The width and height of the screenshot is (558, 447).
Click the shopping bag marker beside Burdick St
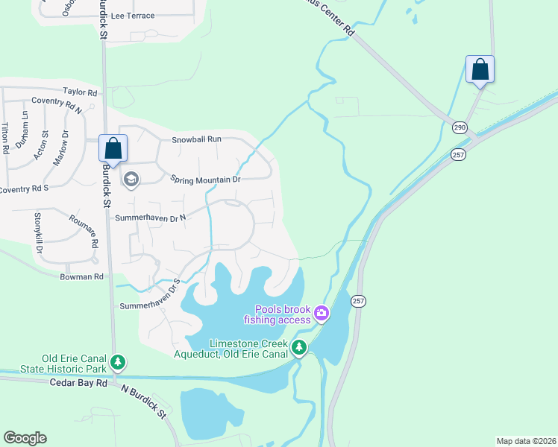pyautogui.click(x=113, y=148)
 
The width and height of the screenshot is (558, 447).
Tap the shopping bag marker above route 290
pyautogui.click(x=480, y=69)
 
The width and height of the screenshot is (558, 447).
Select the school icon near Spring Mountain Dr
pyautogui.click(x=131, y=179)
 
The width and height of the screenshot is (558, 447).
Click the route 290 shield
pyautogui.click(x=459, y=127)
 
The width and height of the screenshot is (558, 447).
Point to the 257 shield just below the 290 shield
pyautogui.click(x=457, y=153)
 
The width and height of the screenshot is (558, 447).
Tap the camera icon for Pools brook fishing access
pyautogui.click(x=322, y=313)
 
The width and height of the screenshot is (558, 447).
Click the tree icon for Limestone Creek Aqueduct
pyautogui.click(x=299, y=347)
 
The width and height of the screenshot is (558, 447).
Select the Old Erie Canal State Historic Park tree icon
pyautogui.click(x=117, y=363)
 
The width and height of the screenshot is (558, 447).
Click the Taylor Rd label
pyautogui.click(x=81, y=92)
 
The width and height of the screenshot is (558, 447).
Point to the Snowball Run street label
pyautogui.click(x=197, y=139)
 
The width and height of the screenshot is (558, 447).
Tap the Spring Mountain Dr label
pyautogui.click(x=205, y=180)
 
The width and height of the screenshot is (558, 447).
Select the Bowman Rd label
pyautogui.click(x=82, y=276)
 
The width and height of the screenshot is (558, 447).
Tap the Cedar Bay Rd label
pyautogui.click(x=78, y=383)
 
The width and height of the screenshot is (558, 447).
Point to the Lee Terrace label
pyautogui.click(x=132, y=15)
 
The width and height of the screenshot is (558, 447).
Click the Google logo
pyautogui.click(x=25, y=438)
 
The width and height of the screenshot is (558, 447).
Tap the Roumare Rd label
pyautogui.click(x=84, y=231)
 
